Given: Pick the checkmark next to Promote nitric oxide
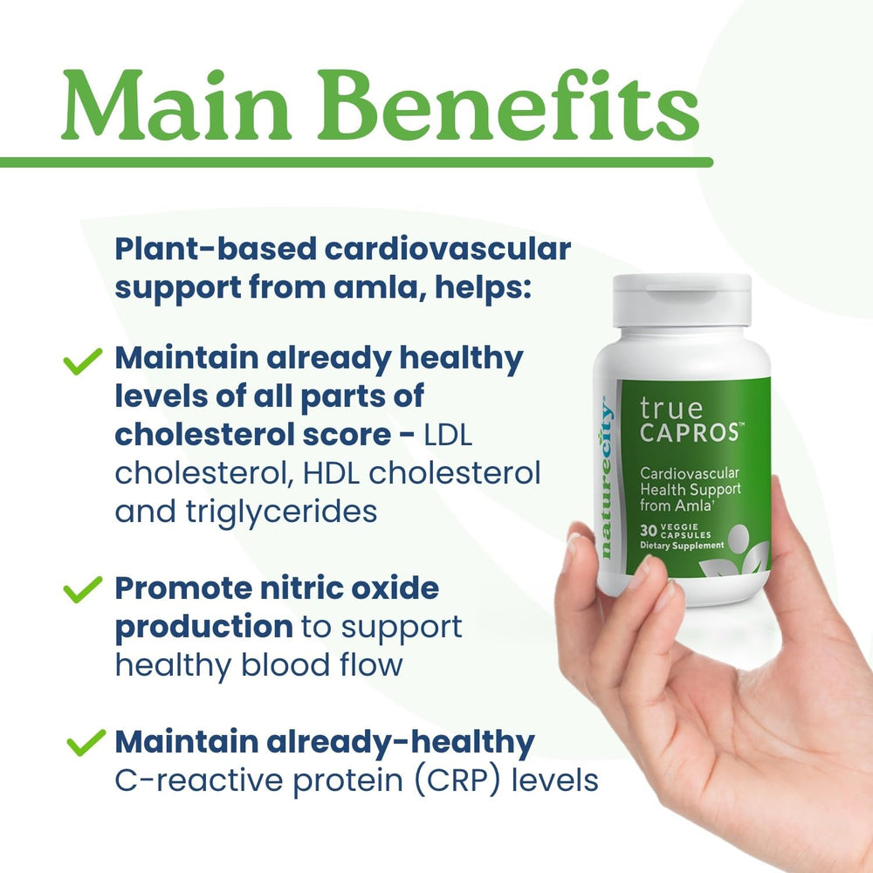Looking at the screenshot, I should coord(84,591).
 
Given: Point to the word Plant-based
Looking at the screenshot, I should coord(213,248).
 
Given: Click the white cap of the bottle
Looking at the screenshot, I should coord(682,299).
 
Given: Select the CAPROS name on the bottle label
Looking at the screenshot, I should coord(690,432).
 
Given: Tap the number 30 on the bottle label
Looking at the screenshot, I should coord(647,530).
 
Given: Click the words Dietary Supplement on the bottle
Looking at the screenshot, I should coord(682,546).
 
